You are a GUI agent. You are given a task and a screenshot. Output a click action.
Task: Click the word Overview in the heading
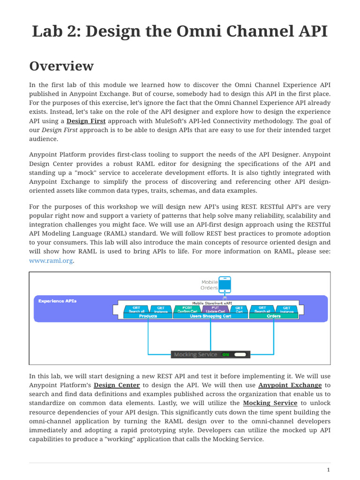click(x=61, y=66)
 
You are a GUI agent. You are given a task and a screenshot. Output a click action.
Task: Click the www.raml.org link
click(x=51, y=261)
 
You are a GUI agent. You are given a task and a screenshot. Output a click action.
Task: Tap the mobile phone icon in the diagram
click(x=225, y=284)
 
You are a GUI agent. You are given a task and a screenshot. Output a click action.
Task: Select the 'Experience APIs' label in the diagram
click(x=57, y=301)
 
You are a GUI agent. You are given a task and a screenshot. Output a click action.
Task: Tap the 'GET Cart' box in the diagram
click(x=239, y=309)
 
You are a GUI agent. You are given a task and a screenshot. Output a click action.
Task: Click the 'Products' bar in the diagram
click(x=148, y=316)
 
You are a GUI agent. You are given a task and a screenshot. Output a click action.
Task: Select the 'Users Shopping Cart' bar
click(x=210, y=316)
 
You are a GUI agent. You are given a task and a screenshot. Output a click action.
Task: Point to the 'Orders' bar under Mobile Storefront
click(x=274, y=316)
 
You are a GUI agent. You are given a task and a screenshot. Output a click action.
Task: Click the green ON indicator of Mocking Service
click(x=225, y=355)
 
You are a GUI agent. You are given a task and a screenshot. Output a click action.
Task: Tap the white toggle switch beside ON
click(x=240, y=355)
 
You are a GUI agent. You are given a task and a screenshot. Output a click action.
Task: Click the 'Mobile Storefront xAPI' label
click(x=212, y=303)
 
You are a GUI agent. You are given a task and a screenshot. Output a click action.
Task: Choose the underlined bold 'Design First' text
click(x=86, y=121)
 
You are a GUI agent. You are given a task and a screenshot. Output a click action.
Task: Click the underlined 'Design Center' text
click(x=117, y=385)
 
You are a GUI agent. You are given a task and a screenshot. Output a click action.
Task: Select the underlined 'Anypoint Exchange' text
click(x=290, y=385)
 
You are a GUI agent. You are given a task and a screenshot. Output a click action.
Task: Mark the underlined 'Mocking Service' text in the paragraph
click(x=270, y=403)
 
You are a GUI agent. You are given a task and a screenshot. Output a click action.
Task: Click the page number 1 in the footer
click(x=329, y=470)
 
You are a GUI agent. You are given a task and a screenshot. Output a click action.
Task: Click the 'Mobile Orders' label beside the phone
click(x=210, y=285)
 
